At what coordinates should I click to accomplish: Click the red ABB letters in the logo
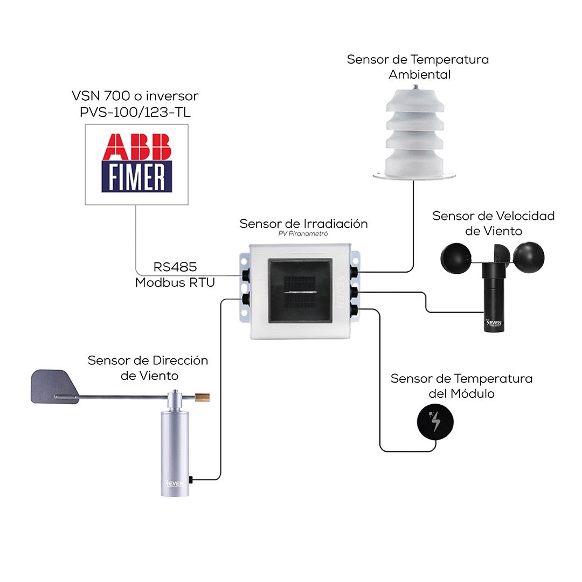click(x=136, y=147)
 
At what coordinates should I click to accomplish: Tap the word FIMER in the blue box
click(x=136, y=177)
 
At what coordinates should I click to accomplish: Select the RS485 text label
click(x=175, y=267)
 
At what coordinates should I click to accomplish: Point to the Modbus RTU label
click(x=175, y=282)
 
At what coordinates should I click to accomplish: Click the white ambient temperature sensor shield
click(x=414, y=134)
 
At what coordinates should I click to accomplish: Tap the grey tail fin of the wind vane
click(x=54, y=386)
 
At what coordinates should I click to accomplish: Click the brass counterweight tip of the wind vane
click(x=202, y=398)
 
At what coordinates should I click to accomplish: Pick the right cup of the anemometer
click(x=529, y=258)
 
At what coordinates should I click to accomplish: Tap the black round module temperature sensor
click(x=435, y=422)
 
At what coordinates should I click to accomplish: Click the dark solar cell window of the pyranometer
click(x=300, y=290)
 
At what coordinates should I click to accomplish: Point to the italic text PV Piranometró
click(x=303, y=234)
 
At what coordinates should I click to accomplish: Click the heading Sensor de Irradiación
click(x=303, y=224)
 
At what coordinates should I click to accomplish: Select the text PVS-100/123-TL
click(x=135, y=112)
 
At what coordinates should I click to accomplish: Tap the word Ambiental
click(x=419, y=74)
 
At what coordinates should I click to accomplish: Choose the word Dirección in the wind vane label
click(x=181, y=361)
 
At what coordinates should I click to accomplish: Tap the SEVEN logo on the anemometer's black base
click(x=494, y=323)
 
